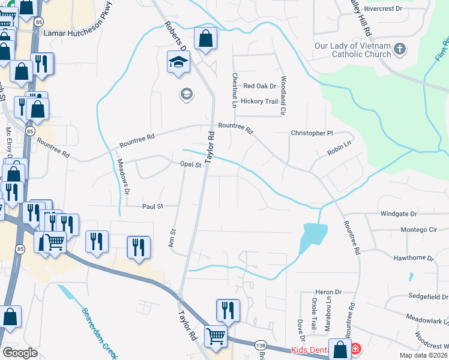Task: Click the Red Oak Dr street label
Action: pos(259,86)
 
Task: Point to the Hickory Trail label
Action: pos(259,101)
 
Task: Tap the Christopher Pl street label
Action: pos(312,133)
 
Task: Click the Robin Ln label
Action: pos(339,149)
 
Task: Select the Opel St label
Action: pos(190,164)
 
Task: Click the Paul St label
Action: pos(152,206)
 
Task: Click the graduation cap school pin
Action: pos(178,62)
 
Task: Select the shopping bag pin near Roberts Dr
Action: pos(205,39)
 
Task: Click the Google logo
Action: pos(20,353)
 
